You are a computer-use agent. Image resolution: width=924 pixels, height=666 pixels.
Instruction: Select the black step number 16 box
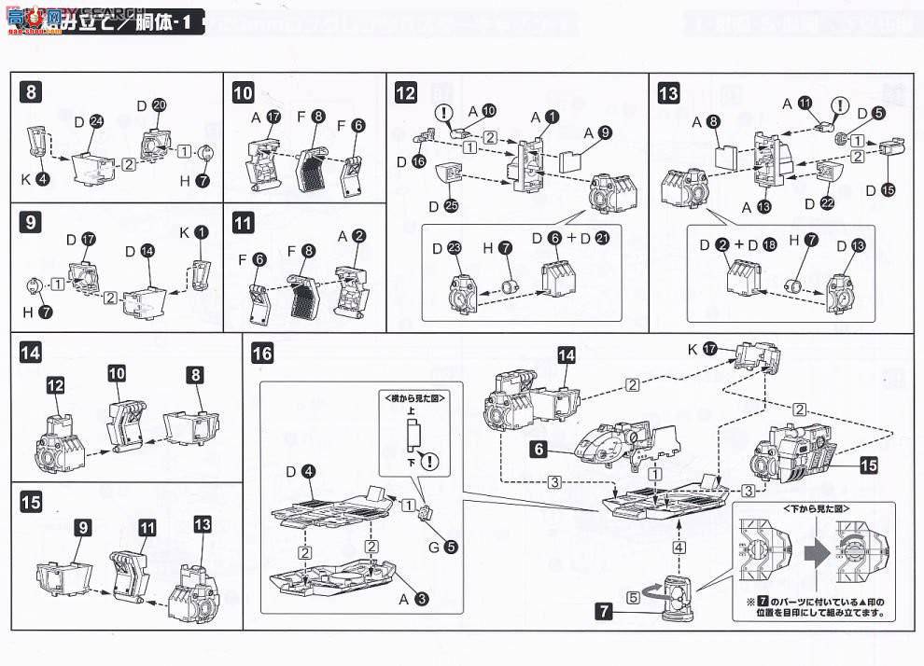262,354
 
